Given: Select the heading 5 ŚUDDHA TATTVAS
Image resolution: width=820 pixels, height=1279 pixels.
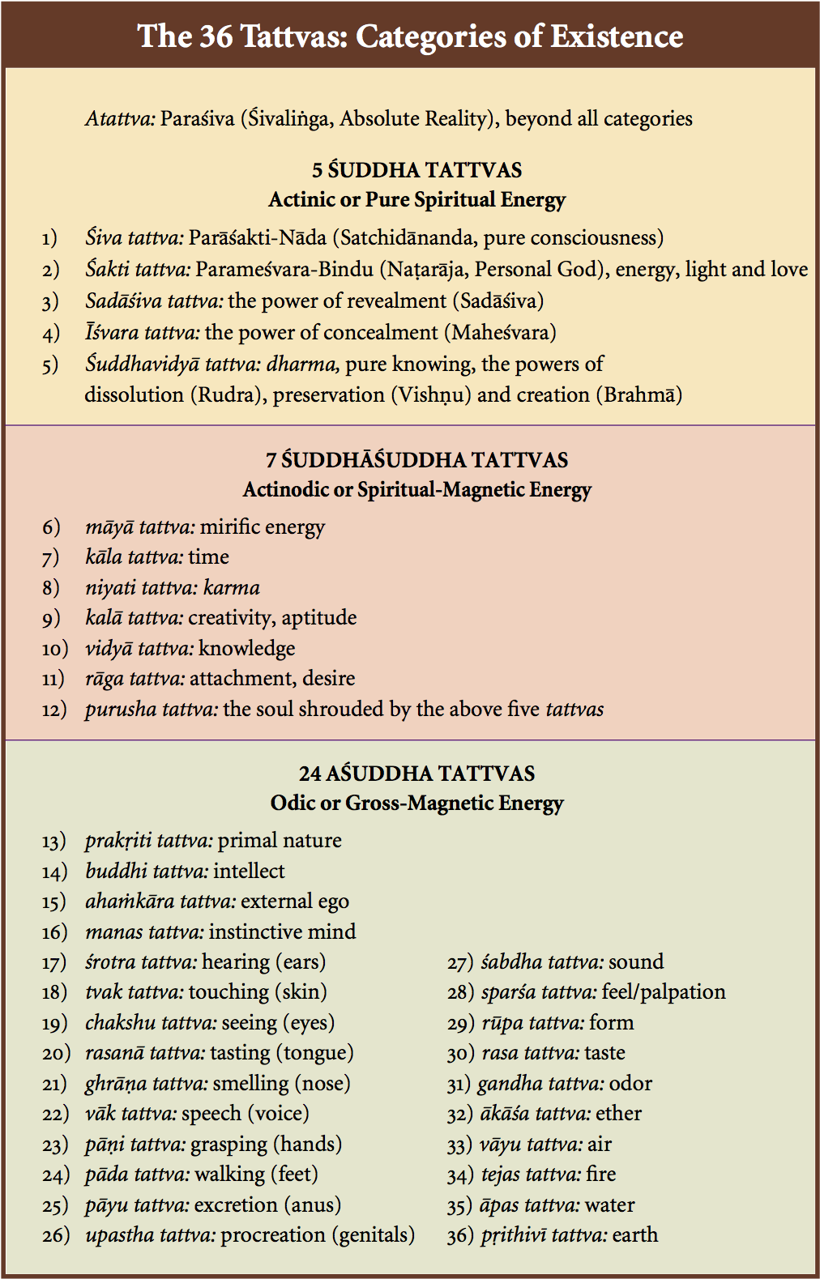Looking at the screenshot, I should pos(416,170).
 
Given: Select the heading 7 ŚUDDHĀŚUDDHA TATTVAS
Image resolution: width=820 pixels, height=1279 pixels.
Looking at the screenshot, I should pos(416,460).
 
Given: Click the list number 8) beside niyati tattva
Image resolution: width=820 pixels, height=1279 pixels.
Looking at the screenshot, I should pos(51,588).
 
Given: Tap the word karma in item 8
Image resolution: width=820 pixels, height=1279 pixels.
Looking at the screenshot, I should pos(232,588).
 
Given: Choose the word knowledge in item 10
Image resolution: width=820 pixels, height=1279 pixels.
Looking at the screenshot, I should pos(246,649).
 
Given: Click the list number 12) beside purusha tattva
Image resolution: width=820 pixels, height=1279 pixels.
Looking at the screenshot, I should pos(54,710).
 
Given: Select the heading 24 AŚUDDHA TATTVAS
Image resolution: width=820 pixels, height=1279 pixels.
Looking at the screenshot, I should pos(416,774).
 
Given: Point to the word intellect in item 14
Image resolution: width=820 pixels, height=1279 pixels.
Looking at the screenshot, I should pos(249,872).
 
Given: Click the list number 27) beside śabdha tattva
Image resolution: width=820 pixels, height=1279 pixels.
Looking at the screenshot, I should pos(460,962).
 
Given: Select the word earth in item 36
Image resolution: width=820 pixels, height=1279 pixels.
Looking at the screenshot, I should pos(635,1235).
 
